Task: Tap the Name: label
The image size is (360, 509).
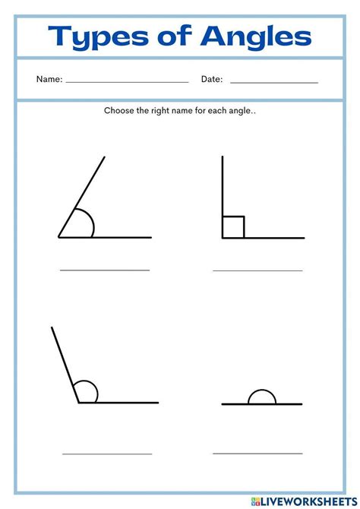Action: click(49, 79)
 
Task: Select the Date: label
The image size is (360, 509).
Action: click(211, 79)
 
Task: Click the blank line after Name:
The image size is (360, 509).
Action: click(128, 81)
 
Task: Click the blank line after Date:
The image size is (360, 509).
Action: click(273, 81)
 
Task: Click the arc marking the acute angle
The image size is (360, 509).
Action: click(90, 221)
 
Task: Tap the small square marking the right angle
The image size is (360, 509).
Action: click(233, 226)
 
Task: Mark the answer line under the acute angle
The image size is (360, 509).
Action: click(105, 270)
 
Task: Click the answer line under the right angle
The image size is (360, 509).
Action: click(257, 270)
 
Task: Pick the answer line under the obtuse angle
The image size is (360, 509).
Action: click(107, 454)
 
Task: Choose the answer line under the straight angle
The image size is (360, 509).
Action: click(257, 453)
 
